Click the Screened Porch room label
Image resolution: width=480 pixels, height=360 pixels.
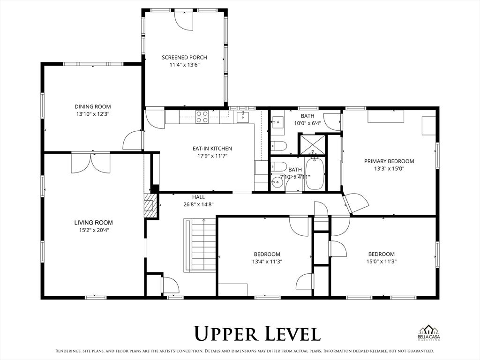[184, 58]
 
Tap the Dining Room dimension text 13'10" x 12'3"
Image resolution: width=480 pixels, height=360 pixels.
[93, 114]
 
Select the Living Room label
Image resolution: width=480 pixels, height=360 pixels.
[93, 223]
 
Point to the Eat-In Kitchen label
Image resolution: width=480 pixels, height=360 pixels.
[212, 149]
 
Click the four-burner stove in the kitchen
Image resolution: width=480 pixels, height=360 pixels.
[202, 116]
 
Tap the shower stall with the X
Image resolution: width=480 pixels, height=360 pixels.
[312, 144]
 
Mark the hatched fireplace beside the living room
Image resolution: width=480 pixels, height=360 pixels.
[150, 206]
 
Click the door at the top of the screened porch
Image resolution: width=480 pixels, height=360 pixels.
[183, 19]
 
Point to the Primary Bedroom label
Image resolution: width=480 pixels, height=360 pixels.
[389, 161]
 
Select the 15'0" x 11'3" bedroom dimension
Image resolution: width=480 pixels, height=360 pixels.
[381, 262]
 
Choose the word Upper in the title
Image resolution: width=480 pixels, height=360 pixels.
[227, 334]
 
